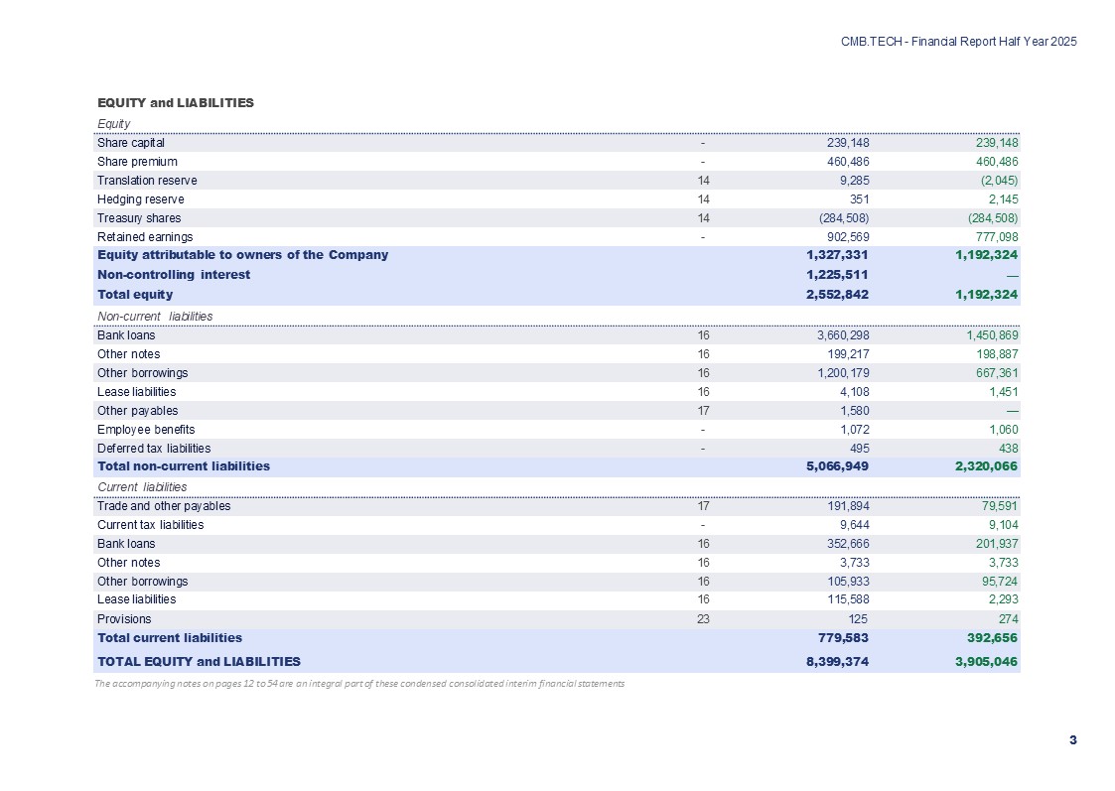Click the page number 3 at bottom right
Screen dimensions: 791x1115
pos(1072,740)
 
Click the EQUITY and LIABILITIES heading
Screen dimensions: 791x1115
pos(175,102)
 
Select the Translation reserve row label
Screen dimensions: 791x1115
pos(147,181)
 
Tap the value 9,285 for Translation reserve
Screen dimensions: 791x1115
pos(854,181)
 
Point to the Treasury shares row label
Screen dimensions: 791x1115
pos(139,217)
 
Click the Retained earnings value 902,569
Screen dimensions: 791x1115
pos(847,237)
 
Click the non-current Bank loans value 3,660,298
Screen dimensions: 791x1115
pos(841,335)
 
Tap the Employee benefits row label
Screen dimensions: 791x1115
pos(146,430)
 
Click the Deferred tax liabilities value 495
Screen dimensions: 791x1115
pos(859,449)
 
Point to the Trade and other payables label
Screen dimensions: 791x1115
pos(164,506)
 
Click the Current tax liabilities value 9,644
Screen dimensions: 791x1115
pos(854,525)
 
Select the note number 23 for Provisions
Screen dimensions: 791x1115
pos(703,618)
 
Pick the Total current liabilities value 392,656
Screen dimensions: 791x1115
pos(987,637)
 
